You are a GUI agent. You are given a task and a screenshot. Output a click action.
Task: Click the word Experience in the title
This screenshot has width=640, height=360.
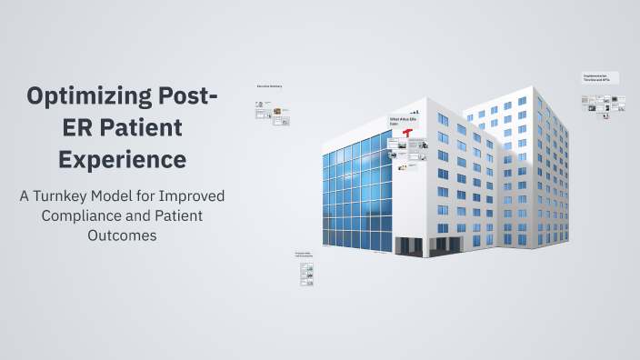tap(123, 159)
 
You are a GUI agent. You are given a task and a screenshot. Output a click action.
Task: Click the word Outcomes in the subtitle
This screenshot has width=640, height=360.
tap(122, 235)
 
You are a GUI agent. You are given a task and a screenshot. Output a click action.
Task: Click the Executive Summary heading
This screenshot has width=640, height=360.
tap(269, 86)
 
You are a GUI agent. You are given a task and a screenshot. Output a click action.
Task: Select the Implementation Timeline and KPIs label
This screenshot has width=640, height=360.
tap(601, 79)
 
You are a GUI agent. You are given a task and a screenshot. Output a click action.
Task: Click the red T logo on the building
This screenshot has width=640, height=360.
tap(408, 134)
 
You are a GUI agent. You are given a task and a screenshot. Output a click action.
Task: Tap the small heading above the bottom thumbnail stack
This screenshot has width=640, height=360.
tap(303, 255)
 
